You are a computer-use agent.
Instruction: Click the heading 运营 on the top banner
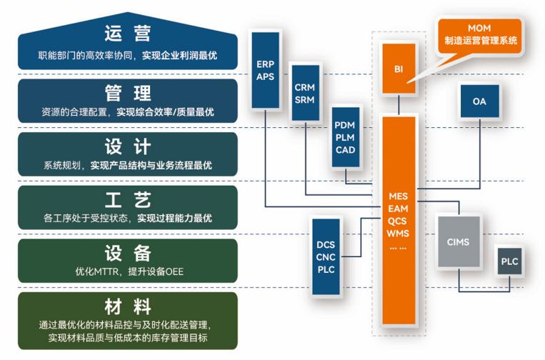click(x=127, y=34)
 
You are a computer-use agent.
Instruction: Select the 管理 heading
click(x=127, y=93)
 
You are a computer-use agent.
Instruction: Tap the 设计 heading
click(x=127, y=146)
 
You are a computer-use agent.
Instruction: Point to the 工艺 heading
click(x=127, y=199)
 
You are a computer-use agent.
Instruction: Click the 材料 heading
click(x=127, y=307)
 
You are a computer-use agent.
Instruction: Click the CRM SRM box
click(x=305, y=94)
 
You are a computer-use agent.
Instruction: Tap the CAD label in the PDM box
click(x=345, y=150)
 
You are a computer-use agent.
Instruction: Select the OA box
click(x=479, y=101)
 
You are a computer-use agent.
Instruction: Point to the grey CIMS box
click(x=458, y=242)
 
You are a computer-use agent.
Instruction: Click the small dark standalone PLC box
click(x=509, y=261)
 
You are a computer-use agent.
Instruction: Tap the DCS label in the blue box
click(x=326, y=245)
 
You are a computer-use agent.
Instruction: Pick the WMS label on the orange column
click(x=398, y=234)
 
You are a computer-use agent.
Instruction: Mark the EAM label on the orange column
click(x=398, y=209)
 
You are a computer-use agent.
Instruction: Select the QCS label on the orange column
click(x=398, y=221)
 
